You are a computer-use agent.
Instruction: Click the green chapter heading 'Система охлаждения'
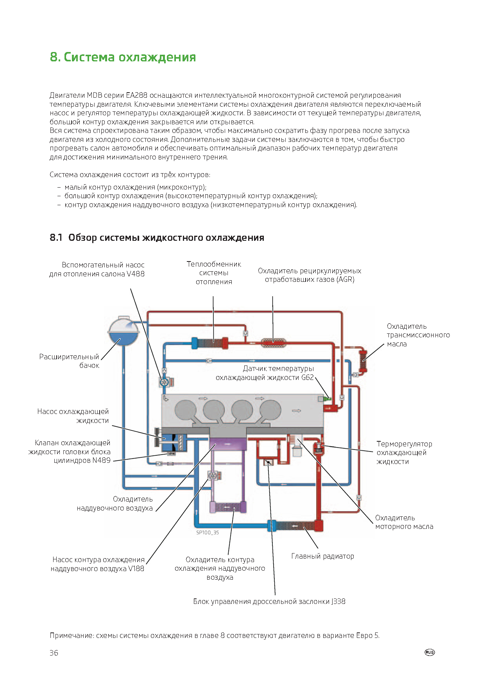[130, 57]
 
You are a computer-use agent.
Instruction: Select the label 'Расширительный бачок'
[69, 361]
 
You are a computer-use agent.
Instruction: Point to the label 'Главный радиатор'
[323, 556]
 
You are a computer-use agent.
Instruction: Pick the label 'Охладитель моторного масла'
[404, 522]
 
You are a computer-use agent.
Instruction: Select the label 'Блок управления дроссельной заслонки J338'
[269, 602]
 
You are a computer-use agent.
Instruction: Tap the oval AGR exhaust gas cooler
[273, 343]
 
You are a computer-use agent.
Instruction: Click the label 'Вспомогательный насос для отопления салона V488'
[97, 269]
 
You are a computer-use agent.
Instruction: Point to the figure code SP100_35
[208, 533]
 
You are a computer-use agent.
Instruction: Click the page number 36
[54, 653]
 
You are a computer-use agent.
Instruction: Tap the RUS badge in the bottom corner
[430, 652]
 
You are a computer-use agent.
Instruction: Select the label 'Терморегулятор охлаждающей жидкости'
[404, 453]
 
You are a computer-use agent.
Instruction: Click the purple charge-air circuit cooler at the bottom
[228, 507]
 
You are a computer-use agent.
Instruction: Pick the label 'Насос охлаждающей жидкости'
[73, 416]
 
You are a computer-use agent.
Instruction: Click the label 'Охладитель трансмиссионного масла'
[418, 335]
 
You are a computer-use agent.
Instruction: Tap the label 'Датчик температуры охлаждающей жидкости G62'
[265, 373]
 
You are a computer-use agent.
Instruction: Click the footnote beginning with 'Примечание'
[215, 635]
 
